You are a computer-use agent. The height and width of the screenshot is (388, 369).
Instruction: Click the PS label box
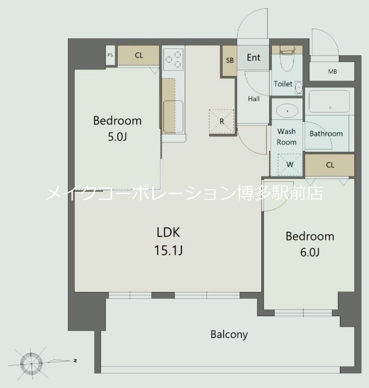click(110, 55)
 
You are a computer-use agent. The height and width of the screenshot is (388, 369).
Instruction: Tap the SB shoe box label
click(229, 61)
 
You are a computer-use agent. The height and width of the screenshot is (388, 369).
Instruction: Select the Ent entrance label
click(254, 58)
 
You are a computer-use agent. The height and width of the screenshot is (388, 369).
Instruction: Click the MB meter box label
click(332, 72)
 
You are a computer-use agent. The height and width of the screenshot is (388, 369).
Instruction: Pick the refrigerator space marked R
click(222, 121)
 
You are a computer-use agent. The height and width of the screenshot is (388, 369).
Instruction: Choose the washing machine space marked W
click(289, 164)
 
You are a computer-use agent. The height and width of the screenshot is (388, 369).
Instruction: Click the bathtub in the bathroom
click(329, 101)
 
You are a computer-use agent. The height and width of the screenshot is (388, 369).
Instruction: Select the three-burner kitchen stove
click(173, 59)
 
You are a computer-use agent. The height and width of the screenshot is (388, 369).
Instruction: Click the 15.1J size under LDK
click(169, 251)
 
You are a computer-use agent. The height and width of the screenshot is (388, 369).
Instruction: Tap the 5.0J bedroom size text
click(117, 137)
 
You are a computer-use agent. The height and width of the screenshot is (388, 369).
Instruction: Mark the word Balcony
click(229, 334)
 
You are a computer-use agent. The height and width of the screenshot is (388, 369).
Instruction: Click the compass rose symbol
click(32, 361)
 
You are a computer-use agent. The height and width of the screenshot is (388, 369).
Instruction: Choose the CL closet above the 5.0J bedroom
click(139, 55)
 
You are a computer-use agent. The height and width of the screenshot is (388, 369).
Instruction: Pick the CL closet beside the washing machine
click(330, 165)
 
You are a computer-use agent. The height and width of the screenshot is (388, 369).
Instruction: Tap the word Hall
click(254, 99)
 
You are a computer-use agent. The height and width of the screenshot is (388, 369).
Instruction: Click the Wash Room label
click(287, 136)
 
